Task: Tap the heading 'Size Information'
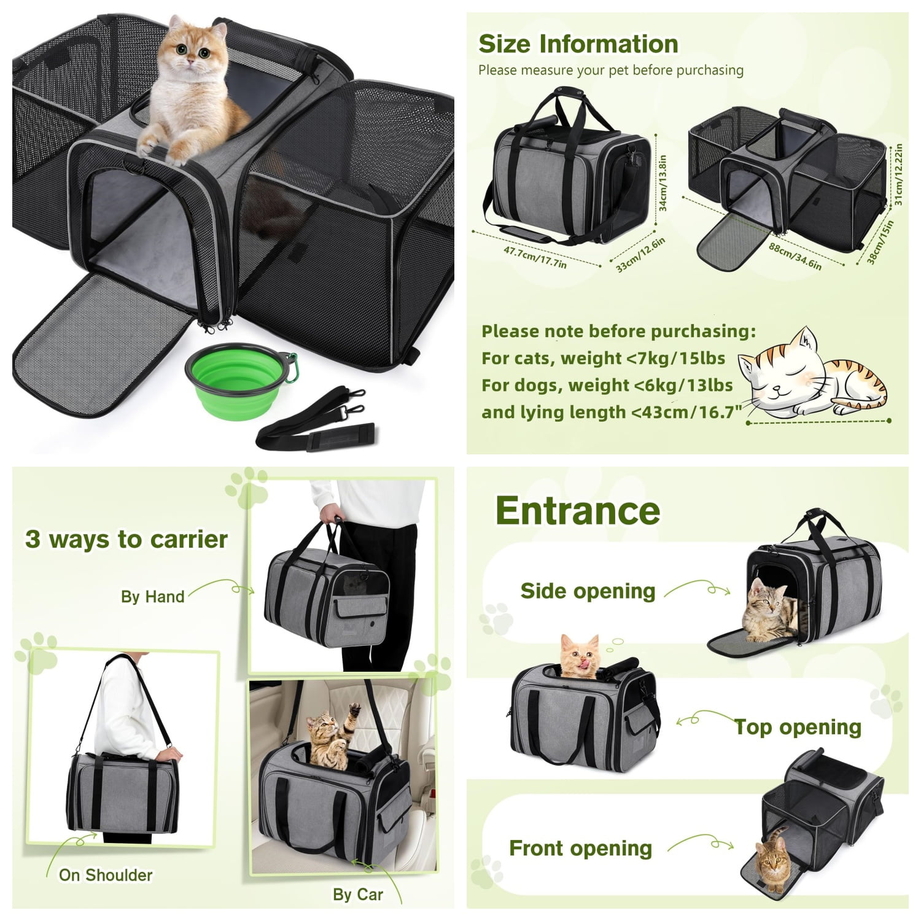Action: point(578,44)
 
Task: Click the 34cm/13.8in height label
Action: point(663,183)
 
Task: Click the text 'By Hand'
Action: point(152,597)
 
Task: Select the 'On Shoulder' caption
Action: point(106,875)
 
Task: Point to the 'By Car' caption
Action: point(358,895)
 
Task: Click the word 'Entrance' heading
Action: point(578,510)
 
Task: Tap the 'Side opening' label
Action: point(588,591)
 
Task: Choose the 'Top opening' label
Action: point(798,727)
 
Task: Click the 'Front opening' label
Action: point(580,848)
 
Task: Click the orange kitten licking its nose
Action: point(580,655)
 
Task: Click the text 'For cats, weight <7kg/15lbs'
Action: point(604,358)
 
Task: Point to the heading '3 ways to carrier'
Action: point(126,539)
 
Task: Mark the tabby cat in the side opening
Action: point(767,612)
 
